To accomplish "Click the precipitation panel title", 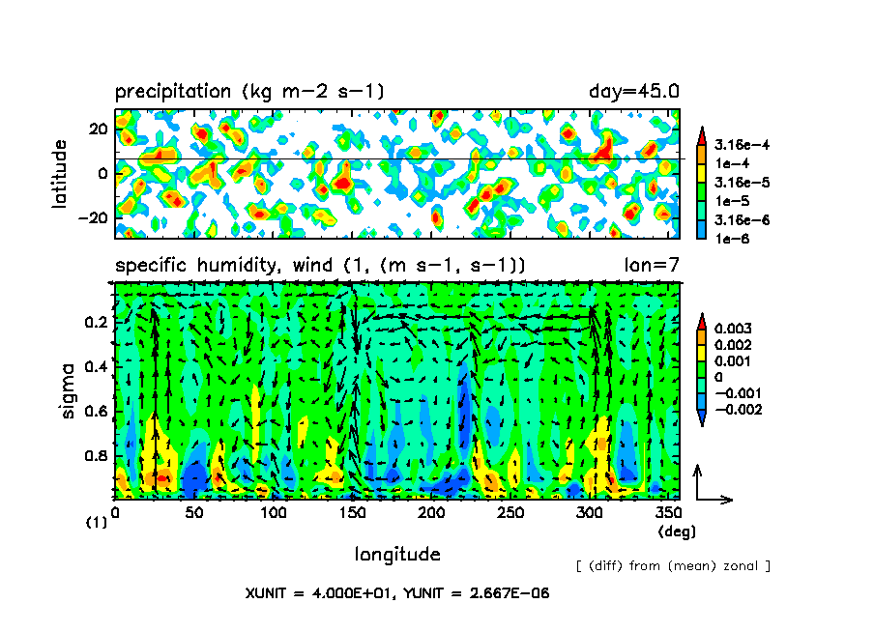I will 249,93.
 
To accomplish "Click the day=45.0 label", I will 633,93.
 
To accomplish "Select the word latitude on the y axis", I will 60,173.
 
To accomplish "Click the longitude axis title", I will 397,554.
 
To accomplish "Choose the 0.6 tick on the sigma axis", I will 97,412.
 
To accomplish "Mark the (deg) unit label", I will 676,531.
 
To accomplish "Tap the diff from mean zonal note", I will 672,565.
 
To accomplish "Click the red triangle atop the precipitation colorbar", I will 701,131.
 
